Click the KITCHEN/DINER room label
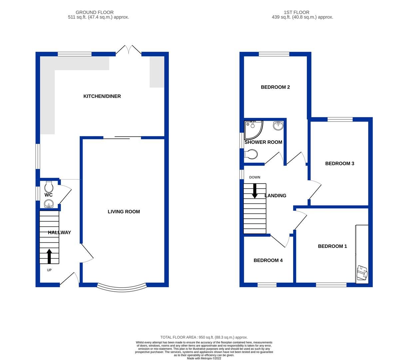point(102,96)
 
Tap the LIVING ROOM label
point(124,212)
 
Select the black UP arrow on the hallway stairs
point(49,256)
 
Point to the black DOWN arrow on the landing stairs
point(255,191)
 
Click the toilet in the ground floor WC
point(49,185)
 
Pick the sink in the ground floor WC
point(49,203)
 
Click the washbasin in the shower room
point(278,126)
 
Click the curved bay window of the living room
point(122,288)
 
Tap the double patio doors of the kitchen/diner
point(129,50)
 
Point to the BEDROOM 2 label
point(275,87)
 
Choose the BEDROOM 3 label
point(339,164)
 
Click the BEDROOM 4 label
point(268,260)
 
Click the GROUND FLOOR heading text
point(95,12)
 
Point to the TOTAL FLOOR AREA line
point(204,337)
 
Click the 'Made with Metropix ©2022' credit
point(204,358)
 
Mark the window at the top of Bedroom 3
point(340,119)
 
